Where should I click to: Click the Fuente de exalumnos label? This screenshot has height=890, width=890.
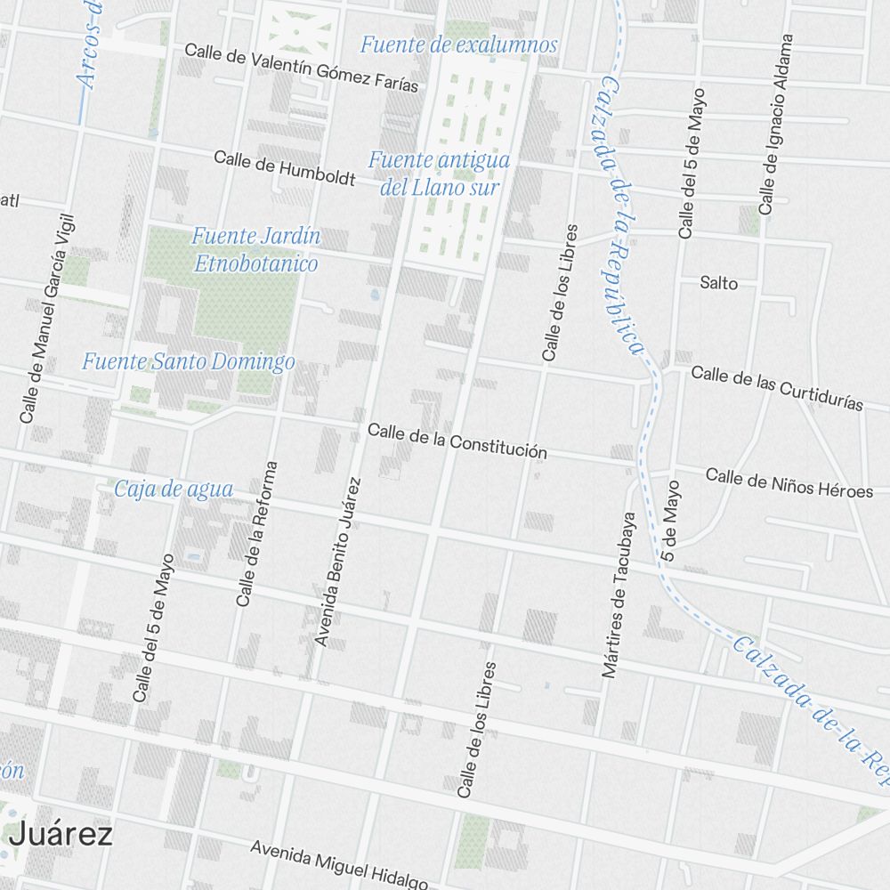click(x=458, y=44)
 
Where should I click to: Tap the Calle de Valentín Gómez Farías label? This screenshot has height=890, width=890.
click(x=301, y=68)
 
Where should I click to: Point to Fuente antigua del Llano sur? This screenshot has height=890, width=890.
click(x=439, y=174)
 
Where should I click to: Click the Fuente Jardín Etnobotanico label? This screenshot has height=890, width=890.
click(x=256, y=250)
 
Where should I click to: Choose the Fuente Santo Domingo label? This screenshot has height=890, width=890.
click(x=188, y=362)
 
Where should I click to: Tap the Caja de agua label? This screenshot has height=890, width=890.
click(x=174, y=489)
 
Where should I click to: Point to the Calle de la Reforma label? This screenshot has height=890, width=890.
click(x=257, y=533)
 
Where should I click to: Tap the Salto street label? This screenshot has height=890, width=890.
click(x=718, y=283)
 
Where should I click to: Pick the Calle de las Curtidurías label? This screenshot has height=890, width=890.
click(x=776, y=387)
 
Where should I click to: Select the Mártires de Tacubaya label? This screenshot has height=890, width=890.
click(x=620, y=594)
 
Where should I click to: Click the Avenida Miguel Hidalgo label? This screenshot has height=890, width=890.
click(x=338, y=864)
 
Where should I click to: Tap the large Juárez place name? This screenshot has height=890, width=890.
click(x=61, y=835)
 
